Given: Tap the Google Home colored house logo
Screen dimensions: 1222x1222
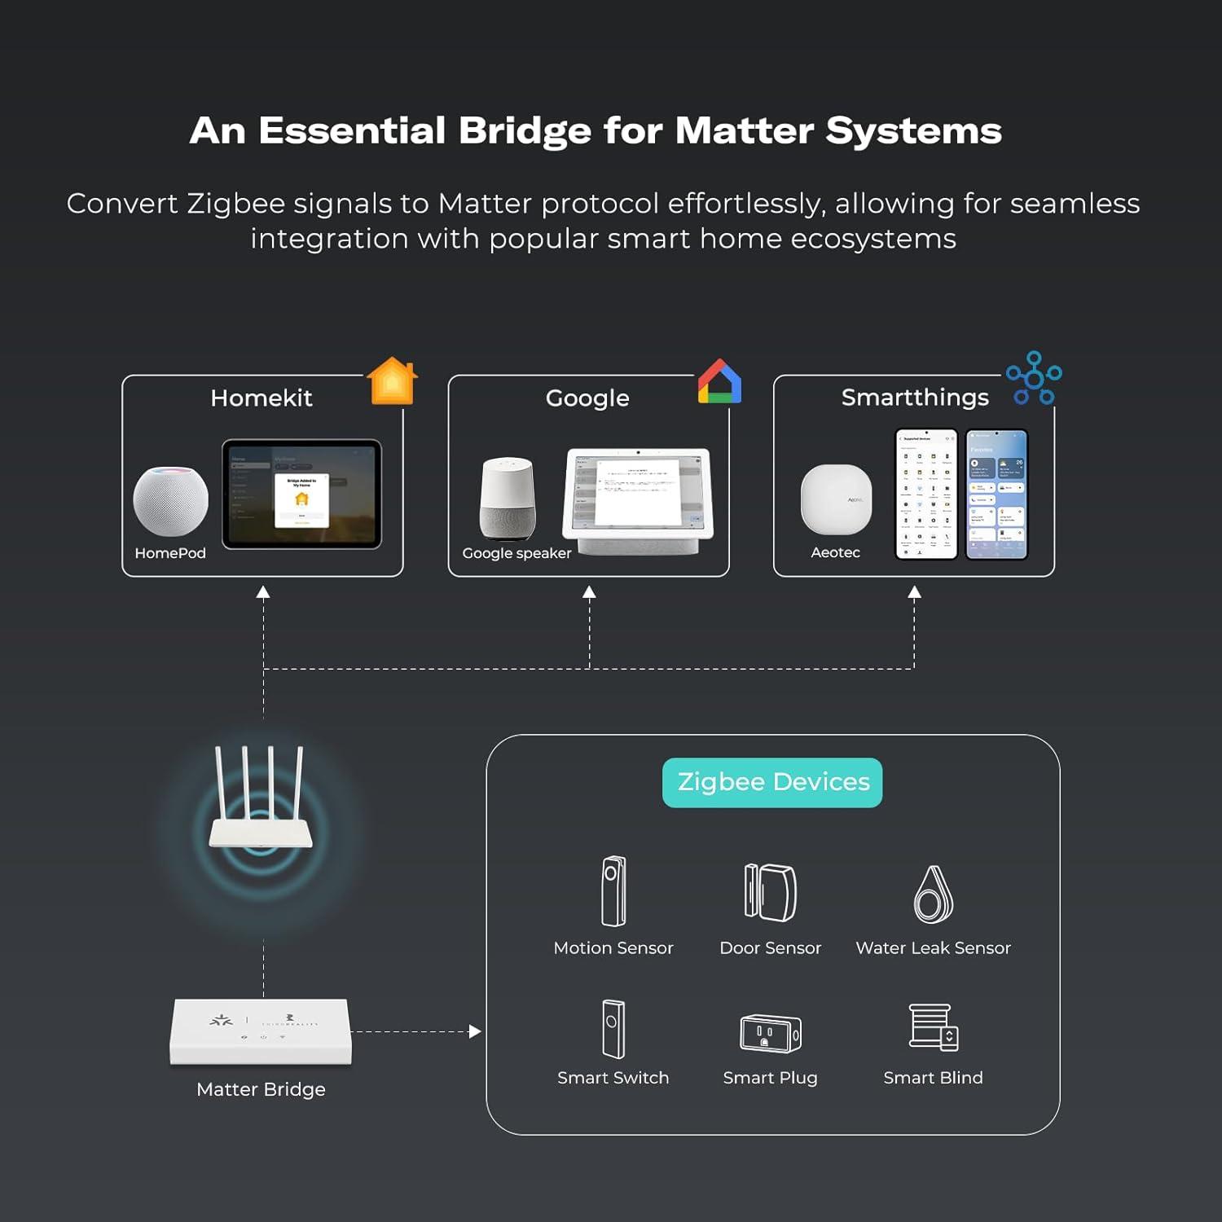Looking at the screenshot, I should (x=719, y=382).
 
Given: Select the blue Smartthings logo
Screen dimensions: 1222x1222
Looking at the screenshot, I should (x=1034, y=379).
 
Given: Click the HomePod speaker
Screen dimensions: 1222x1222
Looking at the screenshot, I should (x=170, y=501).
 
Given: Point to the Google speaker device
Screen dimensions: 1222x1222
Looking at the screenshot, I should (x=508, y=498).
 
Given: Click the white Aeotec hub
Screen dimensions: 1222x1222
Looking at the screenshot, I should (x=836, y=499).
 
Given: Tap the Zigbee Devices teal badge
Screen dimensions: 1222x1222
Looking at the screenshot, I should (x=772, y=782).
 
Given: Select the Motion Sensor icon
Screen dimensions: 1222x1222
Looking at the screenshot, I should (x=613, y=891).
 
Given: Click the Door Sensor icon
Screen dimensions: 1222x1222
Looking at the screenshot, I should (x=770, y=892).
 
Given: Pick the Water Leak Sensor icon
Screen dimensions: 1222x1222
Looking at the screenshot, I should (x=933, y=895).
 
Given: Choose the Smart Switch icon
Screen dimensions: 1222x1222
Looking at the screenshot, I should (x=613, y=1029).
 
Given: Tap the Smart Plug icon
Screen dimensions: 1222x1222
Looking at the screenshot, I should (x=770, y=1033).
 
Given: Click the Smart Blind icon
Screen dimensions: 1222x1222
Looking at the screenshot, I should (x=933, y=1027).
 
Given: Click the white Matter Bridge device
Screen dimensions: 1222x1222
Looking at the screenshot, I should (x=261, y=1031).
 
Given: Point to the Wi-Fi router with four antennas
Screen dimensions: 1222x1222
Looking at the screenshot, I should (x=261, y=802).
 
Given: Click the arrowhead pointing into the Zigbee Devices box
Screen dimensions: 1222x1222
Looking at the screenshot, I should (x=475, y=1031).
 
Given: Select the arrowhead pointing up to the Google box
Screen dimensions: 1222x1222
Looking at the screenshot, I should (x=589, y=592).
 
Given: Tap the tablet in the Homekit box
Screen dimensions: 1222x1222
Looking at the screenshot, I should (x=301, y=495).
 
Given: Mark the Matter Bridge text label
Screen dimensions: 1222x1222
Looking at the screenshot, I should (x=261, y=1089).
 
